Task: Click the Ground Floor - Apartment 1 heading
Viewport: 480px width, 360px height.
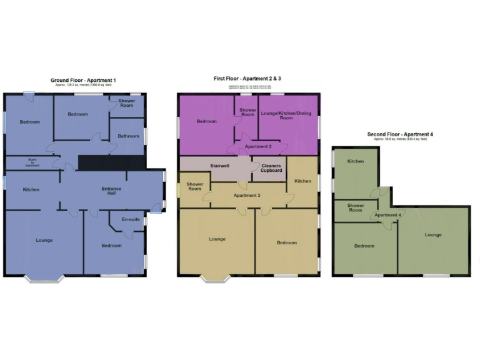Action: pyautogui.click(x=83, y=81)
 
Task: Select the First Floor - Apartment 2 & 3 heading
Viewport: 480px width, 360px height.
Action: pyautogui.click(x=247, y=78)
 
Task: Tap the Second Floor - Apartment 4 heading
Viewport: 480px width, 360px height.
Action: pyautogui.click(x=400, y=134)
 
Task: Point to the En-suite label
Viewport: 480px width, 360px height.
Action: pyautogui.click(x=130, y=219)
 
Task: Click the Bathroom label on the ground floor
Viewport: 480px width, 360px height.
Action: pyautogui.click(x=127, y=136)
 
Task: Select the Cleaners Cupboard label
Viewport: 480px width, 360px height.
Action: pyautogui.click(x=271, y=167)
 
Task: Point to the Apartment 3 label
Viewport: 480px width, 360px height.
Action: pyautogui.click(x=247, y=196)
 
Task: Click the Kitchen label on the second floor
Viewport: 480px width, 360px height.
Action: pyautogui.click(x=355, y=161)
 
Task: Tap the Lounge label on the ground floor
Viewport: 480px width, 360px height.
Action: pyautogui.click(x=44, y=240)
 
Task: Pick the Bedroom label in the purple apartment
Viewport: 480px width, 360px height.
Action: pyautogui.click(x=206, y=121)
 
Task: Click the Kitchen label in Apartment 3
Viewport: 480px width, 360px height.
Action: pyautogui.click(x=302, y=181)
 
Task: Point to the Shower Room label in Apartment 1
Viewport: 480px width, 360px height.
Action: pyautogui.click(x=127, y=102)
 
